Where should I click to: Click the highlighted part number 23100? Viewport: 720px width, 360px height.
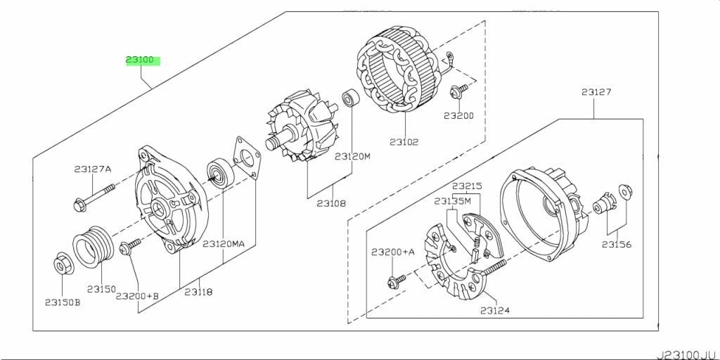(x=143, y=61)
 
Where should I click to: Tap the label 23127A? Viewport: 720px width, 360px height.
(x=93, y=169)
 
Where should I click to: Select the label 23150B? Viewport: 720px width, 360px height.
(x=63, y=302)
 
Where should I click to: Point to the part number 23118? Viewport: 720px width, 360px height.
(x=198, y=292)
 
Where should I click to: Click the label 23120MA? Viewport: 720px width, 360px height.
(x=224, y=244)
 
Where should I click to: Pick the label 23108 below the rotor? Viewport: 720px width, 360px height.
(x=331, y=203)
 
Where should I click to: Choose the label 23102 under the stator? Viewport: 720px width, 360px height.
(x=404, y=142)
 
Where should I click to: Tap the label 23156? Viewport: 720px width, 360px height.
(x=617, y=244)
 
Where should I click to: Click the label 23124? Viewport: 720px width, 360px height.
(x=495, y=310)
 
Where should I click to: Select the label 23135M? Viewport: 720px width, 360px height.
(x=453, y=200)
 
